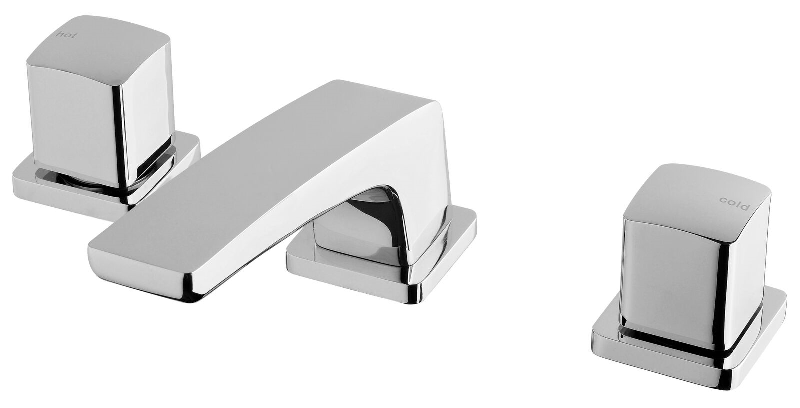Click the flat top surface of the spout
pos(250,175)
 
